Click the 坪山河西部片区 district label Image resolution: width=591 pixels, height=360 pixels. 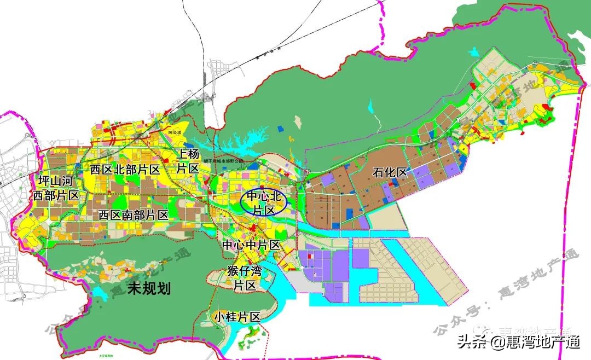pos(55,187)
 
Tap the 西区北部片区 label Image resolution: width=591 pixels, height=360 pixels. pos(125,169)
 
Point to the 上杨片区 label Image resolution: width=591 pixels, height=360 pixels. pos(187,161)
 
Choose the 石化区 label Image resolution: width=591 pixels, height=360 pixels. pos(390,173)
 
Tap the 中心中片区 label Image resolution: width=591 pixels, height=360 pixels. pos(251,245)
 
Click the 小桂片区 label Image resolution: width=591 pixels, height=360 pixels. pos(236,317)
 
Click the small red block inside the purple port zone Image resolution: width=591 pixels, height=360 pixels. pos(309,255)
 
